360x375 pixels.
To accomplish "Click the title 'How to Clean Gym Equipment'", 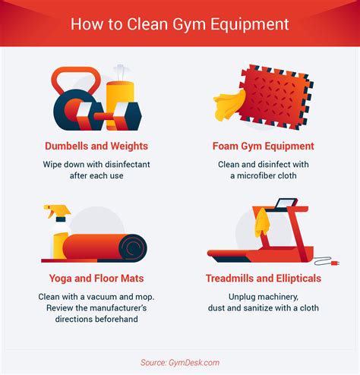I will (180, 24).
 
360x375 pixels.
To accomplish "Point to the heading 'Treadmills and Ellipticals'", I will (264, 278).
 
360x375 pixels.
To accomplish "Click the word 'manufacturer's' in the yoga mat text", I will (118, 308).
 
